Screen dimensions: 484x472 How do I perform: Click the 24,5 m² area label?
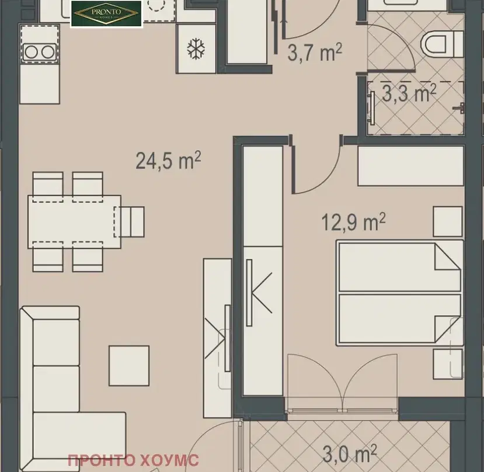[x=168, y=160]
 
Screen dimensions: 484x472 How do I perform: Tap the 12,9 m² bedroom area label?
[x=353, y=222]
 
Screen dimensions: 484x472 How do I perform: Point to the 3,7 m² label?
[x=315, y=53]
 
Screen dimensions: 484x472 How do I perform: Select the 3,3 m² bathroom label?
[x=409, y=93]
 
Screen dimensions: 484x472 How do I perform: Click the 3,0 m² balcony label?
[x=349, y=454]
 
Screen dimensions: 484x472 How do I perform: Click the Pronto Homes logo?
[x=106, y=14]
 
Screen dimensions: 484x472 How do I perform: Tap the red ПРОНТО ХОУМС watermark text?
[x=133, y=460]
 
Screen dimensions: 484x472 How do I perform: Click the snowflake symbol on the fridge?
[x=196, y=49]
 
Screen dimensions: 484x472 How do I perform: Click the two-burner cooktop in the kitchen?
[x=40, y=52]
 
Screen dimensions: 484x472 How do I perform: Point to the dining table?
[x=74, y=222]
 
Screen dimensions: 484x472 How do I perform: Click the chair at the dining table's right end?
[x=130, y=222]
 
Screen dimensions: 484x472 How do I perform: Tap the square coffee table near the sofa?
[x=129, y=366]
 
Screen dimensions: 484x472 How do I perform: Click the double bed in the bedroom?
[x=400, y=293]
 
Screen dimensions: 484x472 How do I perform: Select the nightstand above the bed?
[x=448, y=222]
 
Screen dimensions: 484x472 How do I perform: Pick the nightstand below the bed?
[x=448, y=364]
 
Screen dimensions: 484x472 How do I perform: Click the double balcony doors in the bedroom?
[x=342, y=383]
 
